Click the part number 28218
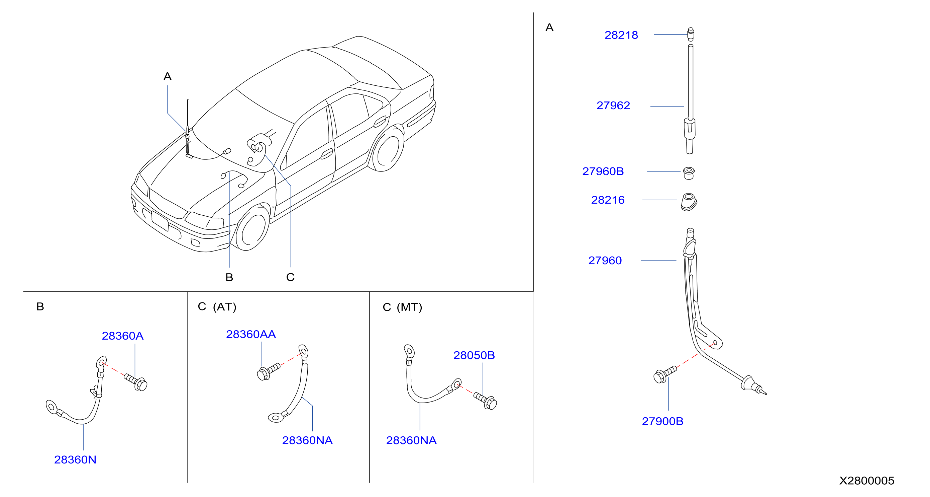point(621,35)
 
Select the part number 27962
point(613,105)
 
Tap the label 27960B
point(603,171)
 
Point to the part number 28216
point(608,200)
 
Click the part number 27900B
point(662,421)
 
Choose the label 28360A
point(123,336)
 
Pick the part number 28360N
point(75,459)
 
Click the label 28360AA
point(251,334)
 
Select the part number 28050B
point(474,355)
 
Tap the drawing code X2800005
point(866,480)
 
